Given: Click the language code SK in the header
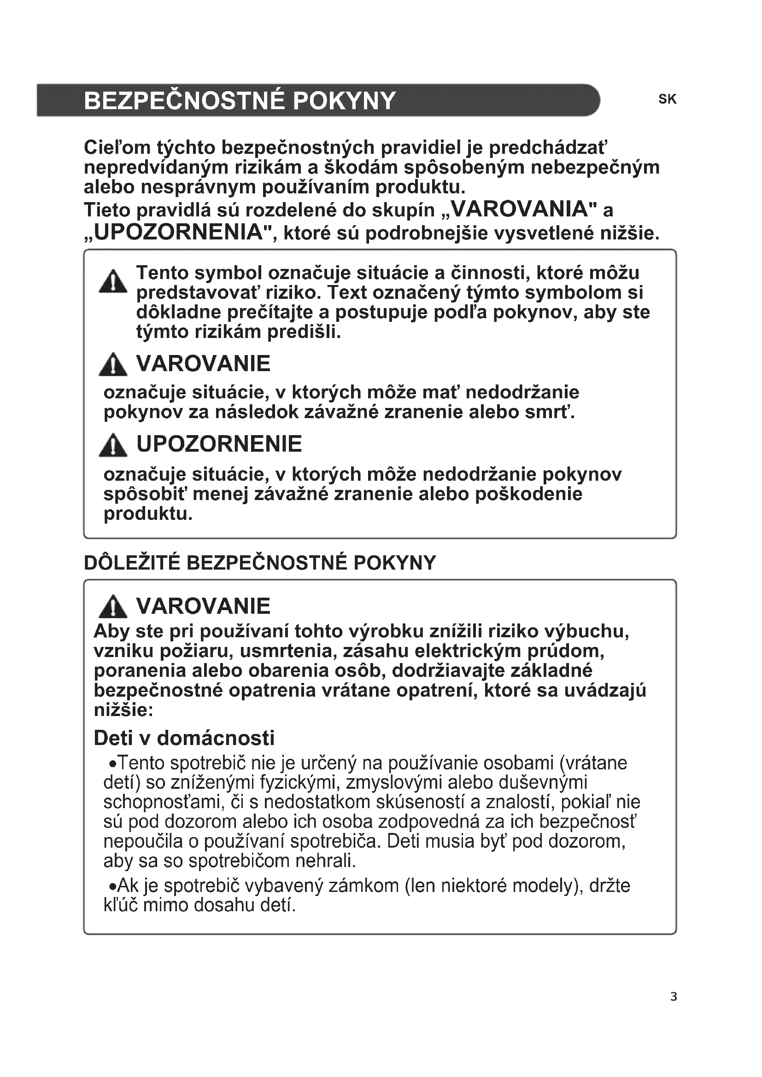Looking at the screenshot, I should [667, 99].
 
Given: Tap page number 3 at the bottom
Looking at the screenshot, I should [674, 1009].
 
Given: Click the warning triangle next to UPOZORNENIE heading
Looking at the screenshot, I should [112, 446].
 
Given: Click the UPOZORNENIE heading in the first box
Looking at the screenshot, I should [219, 444].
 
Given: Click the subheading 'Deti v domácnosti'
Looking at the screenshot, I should [184, 738].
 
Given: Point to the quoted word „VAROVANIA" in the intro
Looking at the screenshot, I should [516, 209].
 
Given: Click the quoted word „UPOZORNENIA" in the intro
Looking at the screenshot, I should [178, 232].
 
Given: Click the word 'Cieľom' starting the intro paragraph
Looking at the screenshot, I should [117, 148].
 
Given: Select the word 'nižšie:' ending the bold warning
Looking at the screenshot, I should [123, 710].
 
